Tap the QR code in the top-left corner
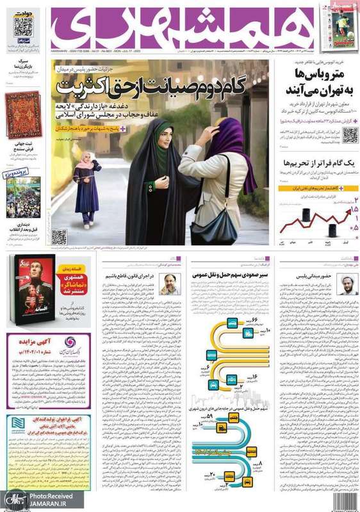[x=23, y=27]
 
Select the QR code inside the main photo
[x=60, y=237]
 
